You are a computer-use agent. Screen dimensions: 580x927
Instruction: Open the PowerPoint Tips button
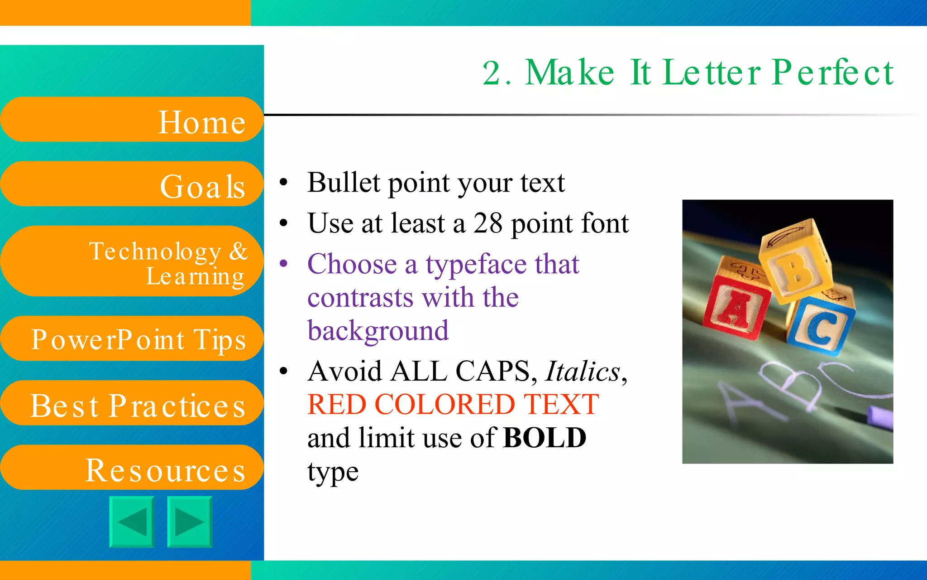(131, 339)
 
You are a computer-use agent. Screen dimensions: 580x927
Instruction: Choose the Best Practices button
(131, 403)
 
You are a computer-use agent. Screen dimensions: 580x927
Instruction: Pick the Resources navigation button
(131, 468)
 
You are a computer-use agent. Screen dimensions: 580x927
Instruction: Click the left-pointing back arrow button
(132, 522)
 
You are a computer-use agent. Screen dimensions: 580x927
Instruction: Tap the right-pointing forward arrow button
(190, 522)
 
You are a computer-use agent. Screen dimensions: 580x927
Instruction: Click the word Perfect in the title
(832, 72)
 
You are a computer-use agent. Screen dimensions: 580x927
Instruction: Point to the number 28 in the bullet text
(487, 223)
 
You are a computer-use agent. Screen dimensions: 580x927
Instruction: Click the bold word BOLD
(545, 438)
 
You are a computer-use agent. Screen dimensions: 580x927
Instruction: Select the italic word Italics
(583, 372)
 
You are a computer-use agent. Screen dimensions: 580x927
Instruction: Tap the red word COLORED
(444, 404)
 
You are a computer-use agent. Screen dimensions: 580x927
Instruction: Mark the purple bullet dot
(284, 263)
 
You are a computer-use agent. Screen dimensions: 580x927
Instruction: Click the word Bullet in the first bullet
(344, 183)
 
